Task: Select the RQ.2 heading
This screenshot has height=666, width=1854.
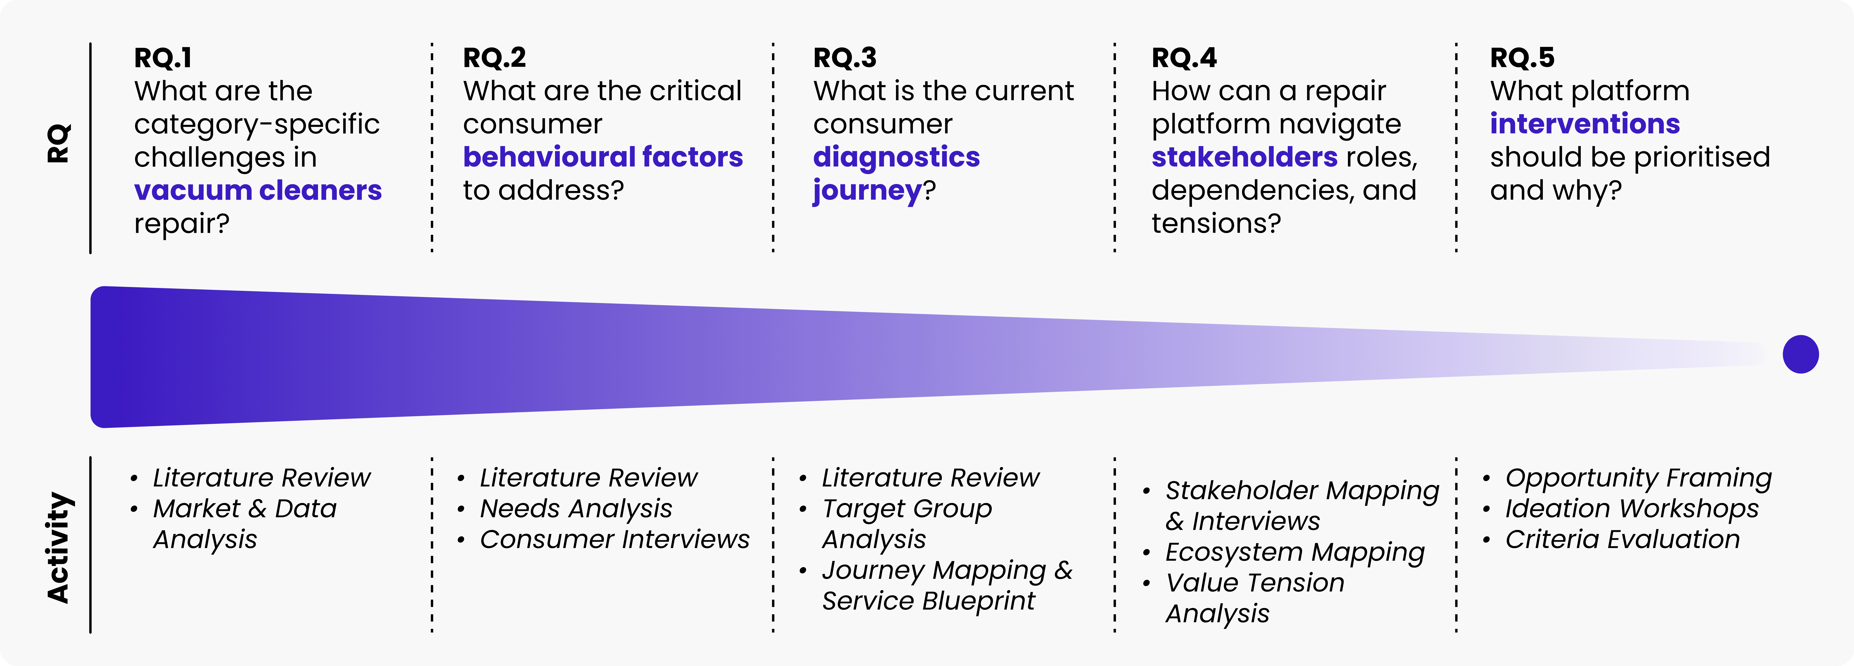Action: [x=494, y=58]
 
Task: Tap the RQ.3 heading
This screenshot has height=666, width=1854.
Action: [x=845, y=58]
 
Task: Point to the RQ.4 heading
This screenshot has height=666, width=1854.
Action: [x=1184, y=58]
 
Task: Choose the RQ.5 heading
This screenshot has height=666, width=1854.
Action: [x=1522, y=58]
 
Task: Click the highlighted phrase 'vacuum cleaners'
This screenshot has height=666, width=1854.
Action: [x=258, y=191]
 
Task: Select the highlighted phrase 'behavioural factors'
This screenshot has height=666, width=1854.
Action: [x=603, y=157]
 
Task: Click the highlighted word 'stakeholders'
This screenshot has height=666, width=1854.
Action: [x=1244, y=157]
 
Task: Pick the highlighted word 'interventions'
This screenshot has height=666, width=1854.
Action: [x=1585, y=124]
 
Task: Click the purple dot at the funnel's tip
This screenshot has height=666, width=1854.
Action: [x=1801, y=354]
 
